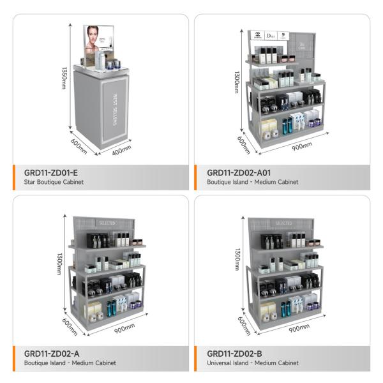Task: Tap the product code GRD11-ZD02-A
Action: coord(52,353)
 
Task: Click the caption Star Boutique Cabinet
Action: coord(54,182)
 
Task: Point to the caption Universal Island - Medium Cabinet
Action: coord(253,363)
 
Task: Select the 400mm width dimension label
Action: coord(121,150)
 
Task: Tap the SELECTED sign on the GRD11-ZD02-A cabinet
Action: coord(106,223)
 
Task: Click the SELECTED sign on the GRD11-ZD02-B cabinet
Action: coord(283,223)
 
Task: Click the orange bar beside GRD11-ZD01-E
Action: coord(15,177)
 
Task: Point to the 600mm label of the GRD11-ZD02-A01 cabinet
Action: coord(242,143)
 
